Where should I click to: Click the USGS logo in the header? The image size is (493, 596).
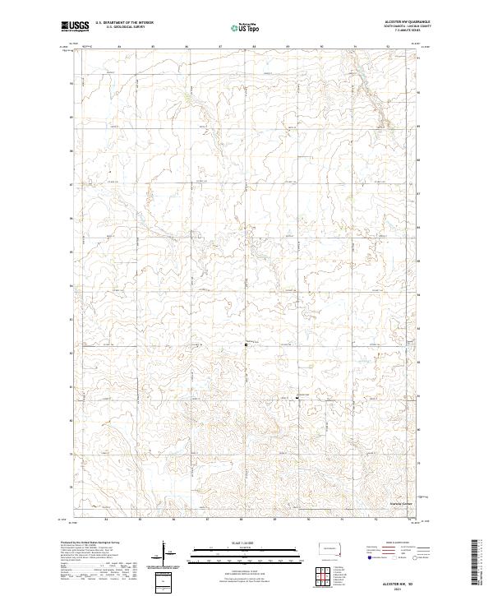pyautogui.click(x=75, y=26)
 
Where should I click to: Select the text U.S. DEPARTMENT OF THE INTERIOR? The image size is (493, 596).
pyautogui.click(x=124, y=23)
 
